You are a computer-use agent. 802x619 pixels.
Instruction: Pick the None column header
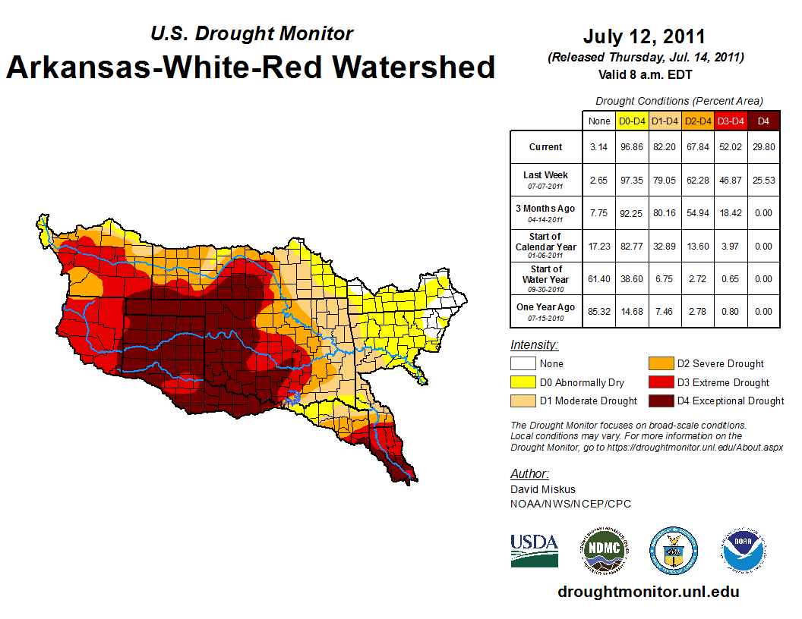coord(599,121)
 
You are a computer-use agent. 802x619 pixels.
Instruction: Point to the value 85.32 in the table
coord(599,311)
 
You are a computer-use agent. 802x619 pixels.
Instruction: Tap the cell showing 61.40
coord(599,279)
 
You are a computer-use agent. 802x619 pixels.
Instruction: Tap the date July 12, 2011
coord(644,36)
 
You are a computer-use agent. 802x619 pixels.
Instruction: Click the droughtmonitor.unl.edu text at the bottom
coord(648,592)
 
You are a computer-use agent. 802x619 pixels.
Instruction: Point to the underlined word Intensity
coord(534,345)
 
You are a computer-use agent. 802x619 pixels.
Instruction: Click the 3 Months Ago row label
coord(546,212)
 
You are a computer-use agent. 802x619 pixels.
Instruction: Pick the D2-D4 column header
coord(697,121)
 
